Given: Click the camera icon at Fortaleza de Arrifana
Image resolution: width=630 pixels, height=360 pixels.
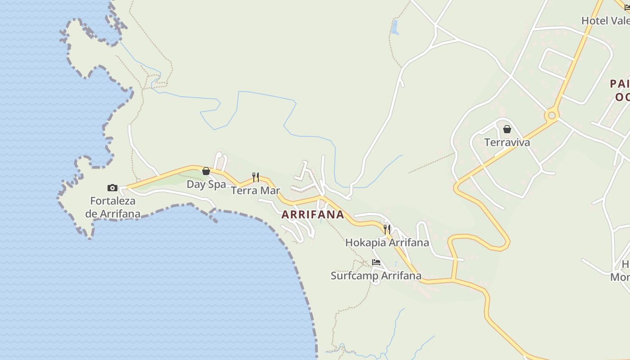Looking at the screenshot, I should pyautogui.click(x=112, y=188).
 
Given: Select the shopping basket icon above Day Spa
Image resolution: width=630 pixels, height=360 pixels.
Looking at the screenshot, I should pyautogui.click(x=206, y=171).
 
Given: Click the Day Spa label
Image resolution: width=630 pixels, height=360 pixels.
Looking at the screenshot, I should pyautogui.click(x=206, y=184).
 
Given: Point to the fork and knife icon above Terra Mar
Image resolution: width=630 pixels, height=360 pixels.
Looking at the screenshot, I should pyautogui.click(x=256, y=177).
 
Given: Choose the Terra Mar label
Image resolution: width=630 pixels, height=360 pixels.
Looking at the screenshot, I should pyautogui.click(x=255, y=190).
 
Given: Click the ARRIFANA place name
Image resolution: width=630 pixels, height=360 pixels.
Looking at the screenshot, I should pyautogui.click(x=313, y=215).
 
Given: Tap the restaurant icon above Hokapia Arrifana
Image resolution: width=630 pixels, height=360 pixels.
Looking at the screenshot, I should pyautogui.click(x=387, y=229).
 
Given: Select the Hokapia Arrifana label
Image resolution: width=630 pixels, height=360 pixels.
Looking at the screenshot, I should pyautogui.click(x=387, y=243).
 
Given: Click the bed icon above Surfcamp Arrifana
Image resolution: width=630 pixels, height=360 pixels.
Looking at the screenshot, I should pyautogui.click(x=376, y=262).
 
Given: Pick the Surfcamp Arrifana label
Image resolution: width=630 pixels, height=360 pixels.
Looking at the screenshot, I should pyautogui.click(x=376, y=275).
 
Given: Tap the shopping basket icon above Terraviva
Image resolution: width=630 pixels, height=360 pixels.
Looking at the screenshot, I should pyautogui.click(x=507, y=129).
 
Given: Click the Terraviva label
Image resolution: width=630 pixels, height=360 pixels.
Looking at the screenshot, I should pyautogui.click(x=507, y=143).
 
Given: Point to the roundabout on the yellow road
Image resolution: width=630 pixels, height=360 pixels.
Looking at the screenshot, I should pyautogui.click(x=552, y=116).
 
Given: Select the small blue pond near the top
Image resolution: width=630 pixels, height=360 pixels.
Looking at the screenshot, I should pyautogui.click(x=395, y=27).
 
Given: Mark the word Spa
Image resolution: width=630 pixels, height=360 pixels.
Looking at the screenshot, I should pyautogui.click(x=217, y=184).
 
